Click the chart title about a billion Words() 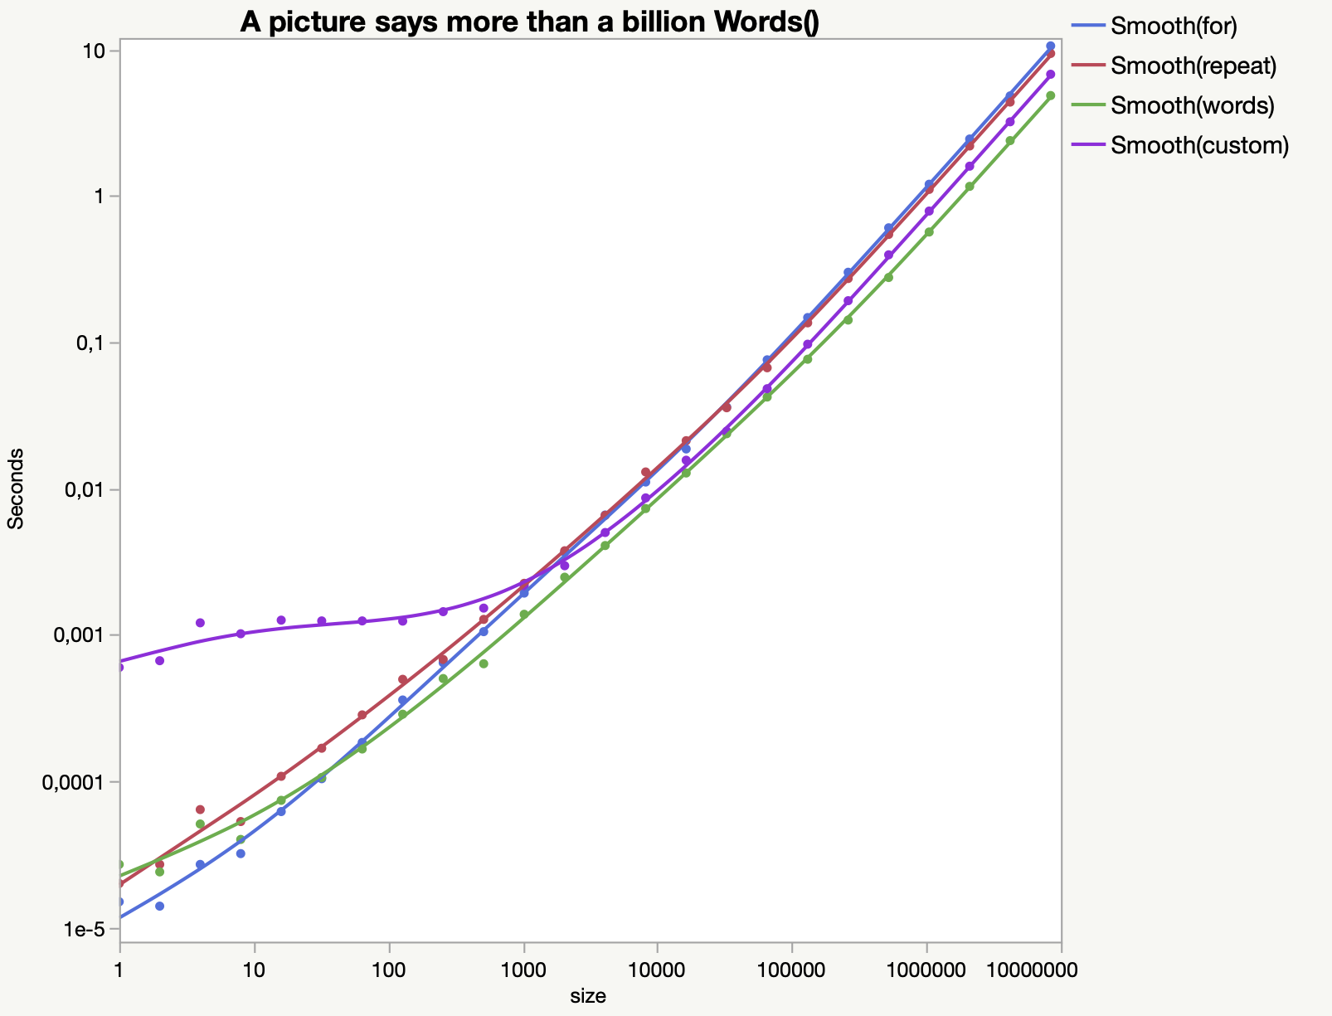coord(529,22)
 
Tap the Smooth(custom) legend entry coord(1199,146)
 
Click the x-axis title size coord(588,996)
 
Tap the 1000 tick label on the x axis coord(523,968)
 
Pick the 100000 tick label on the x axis coord(792,968)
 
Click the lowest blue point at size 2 coord(159,906)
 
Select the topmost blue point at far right coord(1051,46)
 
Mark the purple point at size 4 coord(200,623)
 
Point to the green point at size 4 coord(200,824)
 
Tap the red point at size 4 coord(200,809)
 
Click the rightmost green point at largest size coord(1051,96)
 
